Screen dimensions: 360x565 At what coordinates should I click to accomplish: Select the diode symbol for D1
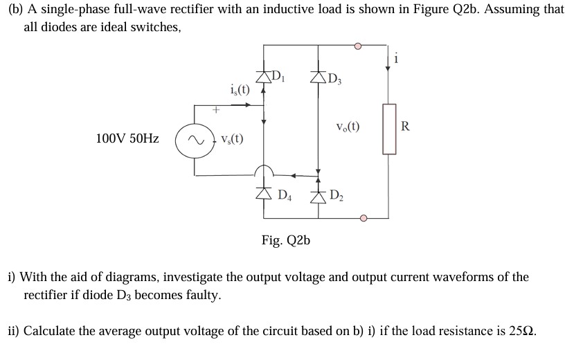264,75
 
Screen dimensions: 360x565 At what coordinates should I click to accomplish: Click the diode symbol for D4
264,192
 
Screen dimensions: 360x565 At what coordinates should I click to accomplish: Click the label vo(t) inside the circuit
346,128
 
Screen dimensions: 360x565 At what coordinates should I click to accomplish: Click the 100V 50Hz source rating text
127,138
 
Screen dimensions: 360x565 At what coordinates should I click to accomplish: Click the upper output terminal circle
358,47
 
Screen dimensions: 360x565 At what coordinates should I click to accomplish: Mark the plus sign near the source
215,109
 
